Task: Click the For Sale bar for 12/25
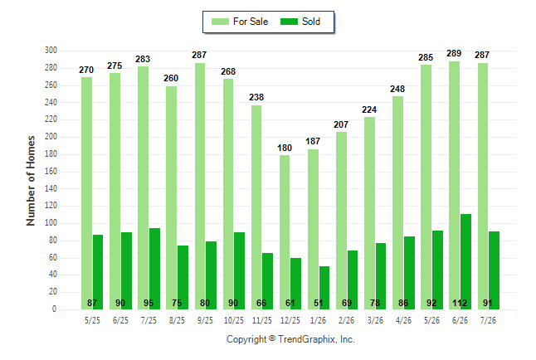(285, 232)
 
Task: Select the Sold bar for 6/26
(465, 262)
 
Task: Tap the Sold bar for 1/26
(324, 288)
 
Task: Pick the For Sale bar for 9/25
(200, 187)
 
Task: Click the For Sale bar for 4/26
(397, 203)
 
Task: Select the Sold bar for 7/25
(154, 269)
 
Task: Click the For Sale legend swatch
(220, 22)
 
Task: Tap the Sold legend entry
(300, 22)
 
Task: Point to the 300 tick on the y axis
(51, 51)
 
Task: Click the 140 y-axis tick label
(51, 188)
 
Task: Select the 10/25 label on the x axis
(234, 320)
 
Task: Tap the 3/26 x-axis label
(375, 320)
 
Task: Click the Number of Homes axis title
(31, 181)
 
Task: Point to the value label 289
(454, 53)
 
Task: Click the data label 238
(256, 97)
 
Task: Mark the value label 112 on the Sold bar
(460, 303)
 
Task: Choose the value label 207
(341, 124)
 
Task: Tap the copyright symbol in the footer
(272, 338)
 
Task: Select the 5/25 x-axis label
(92, 320)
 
